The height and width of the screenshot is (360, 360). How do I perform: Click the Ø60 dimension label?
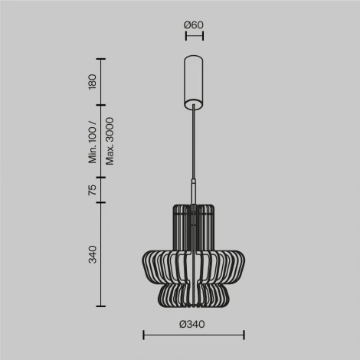coord(194,25)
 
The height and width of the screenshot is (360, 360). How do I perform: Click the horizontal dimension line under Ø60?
coord(194,35)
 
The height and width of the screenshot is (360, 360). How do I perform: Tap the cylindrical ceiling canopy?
coord(195,79)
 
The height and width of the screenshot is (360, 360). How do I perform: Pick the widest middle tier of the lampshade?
coord(195,264)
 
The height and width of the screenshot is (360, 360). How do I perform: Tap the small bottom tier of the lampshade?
coord(195,295)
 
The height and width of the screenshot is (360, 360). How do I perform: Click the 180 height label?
coord(93,82)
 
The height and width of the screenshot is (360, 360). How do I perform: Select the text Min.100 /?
coord(93,141)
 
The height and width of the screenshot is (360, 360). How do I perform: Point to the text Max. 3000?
coord(110,141)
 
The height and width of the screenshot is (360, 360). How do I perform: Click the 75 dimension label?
coord(93,190)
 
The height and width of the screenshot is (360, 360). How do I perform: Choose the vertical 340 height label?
coord(93,253)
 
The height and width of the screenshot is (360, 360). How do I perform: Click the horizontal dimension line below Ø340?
coord(194,334)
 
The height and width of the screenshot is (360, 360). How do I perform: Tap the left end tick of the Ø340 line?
coord(144,334)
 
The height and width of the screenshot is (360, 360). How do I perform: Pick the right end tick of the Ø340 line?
coord(244,334)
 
